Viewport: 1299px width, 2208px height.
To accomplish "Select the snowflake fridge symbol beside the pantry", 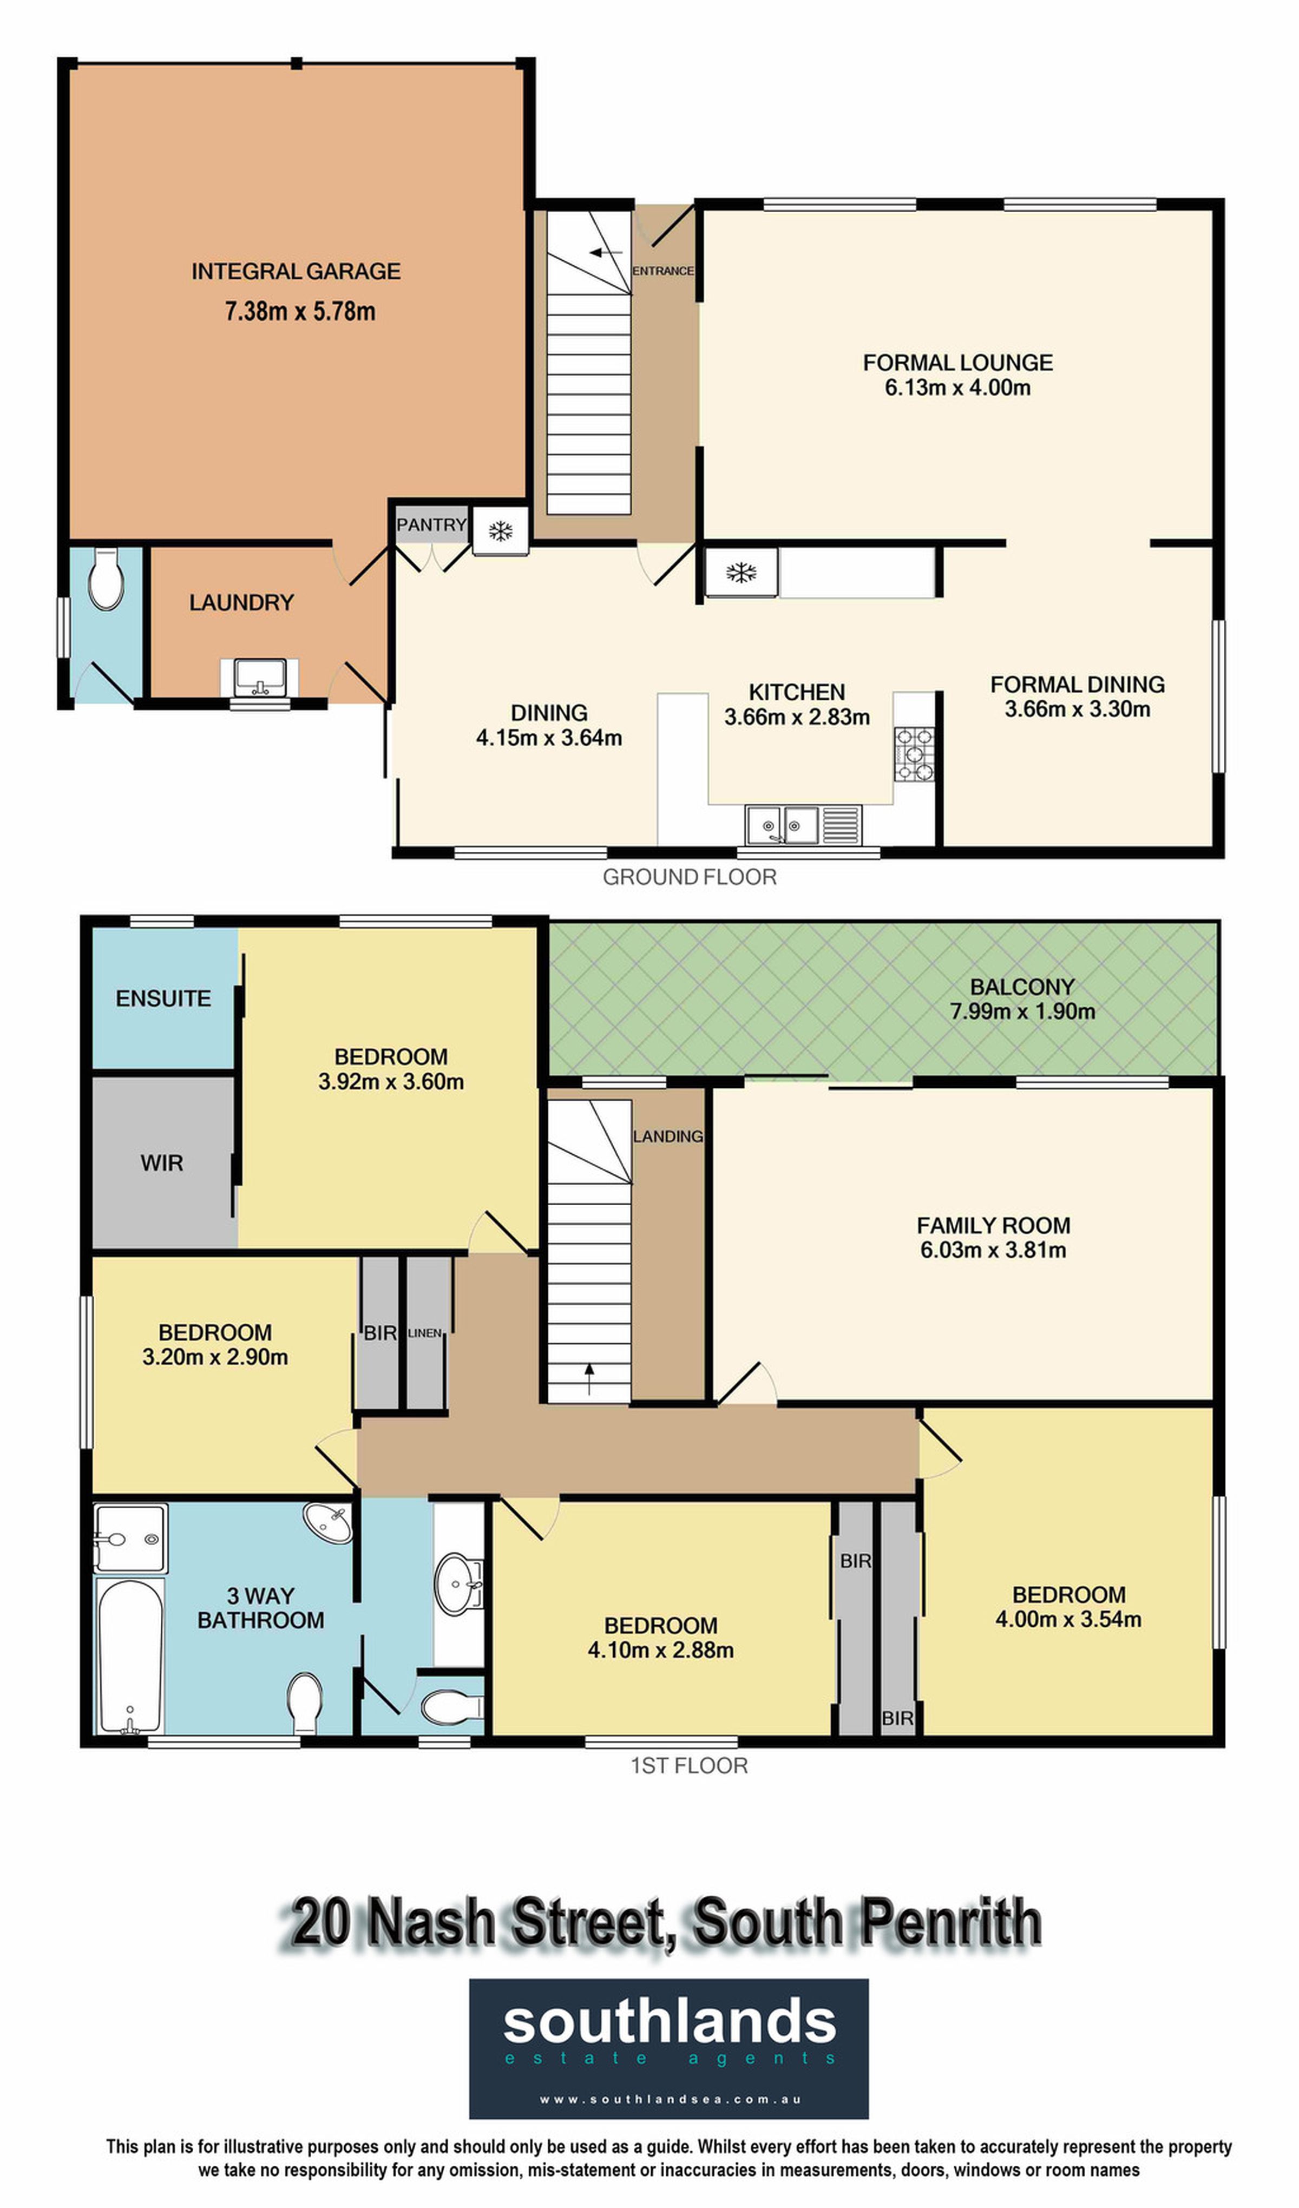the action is [x=501, y=530].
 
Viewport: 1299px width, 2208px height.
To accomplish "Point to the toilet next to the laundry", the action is [x=106, y=579].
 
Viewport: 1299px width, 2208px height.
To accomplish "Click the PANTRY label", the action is [x=431, y=525].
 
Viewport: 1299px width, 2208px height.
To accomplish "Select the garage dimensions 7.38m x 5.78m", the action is [x=300, y=311].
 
